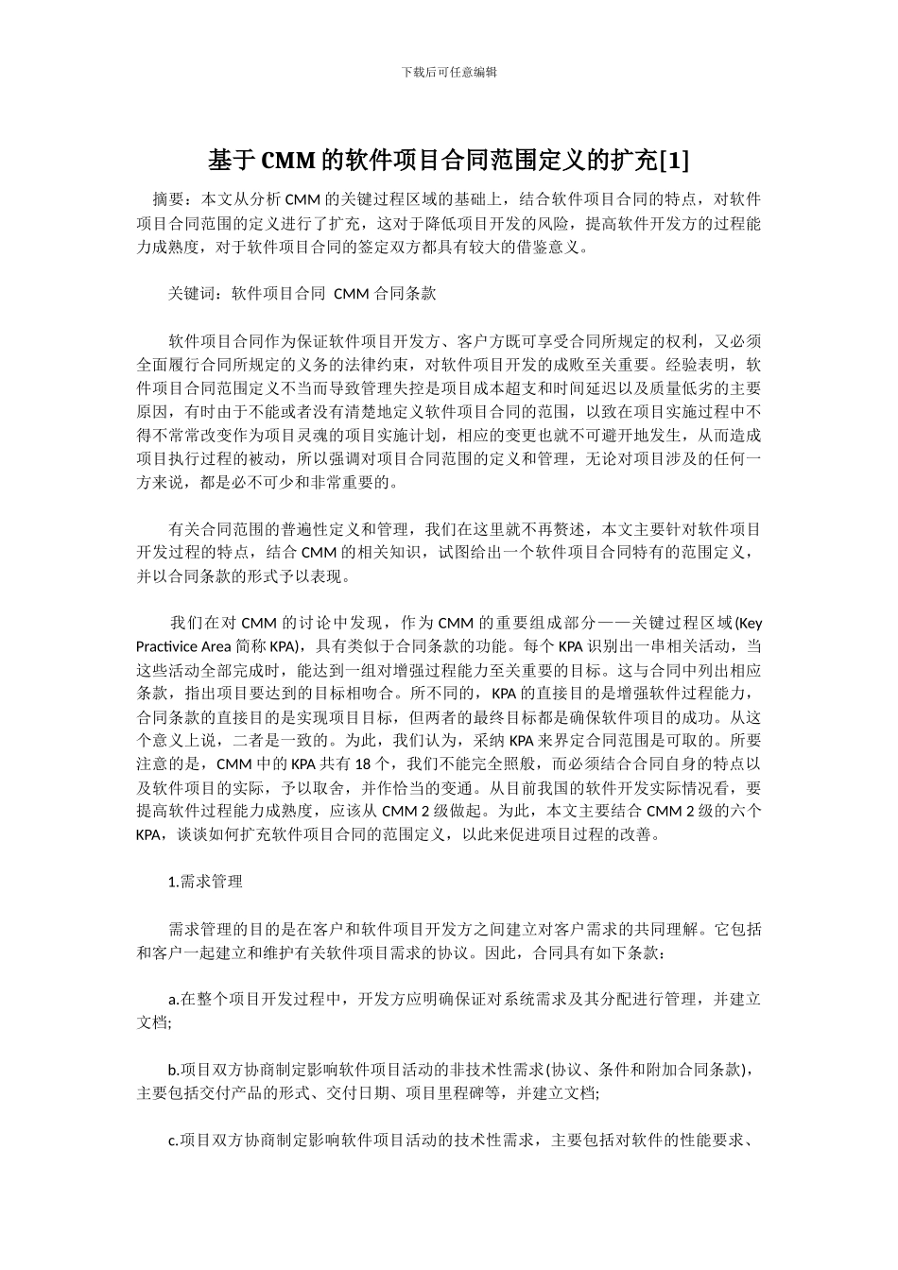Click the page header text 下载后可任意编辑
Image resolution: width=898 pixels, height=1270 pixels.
(449, 72)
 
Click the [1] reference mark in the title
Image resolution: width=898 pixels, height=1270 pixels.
(673, 162)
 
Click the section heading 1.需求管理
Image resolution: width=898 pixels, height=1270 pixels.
(205, 882)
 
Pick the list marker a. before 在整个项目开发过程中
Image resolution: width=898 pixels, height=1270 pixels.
(173, 999)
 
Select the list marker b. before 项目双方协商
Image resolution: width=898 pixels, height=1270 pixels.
(173, 1070)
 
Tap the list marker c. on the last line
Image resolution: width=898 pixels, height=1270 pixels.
(173, 1140)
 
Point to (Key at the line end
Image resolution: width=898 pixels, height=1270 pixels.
(748, 623)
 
